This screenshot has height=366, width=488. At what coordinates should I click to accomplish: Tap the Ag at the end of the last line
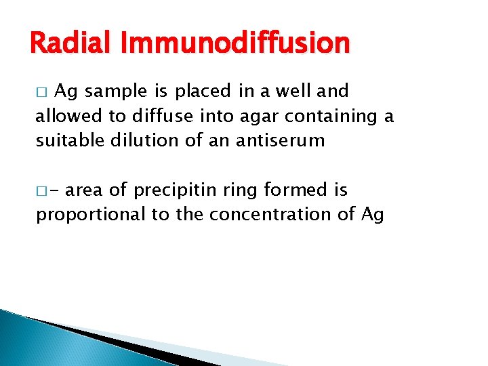pyautogui.click(x=372, y=216)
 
